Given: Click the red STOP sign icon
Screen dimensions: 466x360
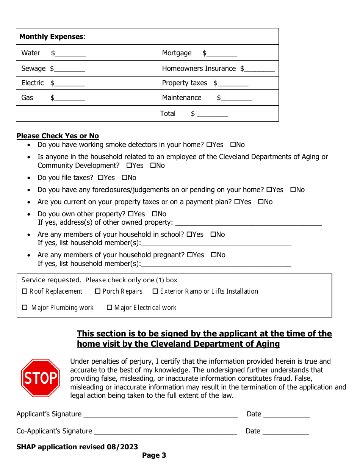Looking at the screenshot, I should point(40,378).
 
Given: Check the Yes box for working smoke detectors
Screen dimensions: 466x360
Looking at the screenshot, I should point(209,145).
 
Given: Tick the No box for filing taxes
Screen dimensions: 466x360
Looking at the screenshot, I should point(124,178).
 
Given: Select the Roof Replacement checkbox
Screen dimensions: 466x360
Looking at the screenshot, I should point(25,291).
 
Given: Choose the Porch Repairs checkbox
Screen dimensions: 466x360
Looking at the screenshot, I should point(98,291).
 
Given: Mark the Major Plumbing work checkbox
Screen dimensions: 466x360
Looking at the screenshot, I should point(25,308).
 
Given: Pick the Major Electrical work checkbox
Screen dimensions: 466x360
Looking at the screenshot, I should point(110,308).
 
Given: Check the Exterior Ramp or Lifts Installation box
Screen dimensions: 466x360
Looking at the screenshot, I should point(155,291).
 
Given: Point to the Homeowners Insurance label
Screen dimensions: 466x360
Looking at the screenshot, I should point(199,69).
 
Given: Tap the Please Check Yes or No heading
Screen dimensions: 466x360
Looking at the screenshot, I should point(58,136).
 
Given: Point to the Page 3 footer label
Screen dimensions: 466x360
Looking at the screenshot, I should point(154,455).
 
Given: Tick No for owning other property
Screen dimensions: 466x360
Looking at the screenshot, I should point(154,214).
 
